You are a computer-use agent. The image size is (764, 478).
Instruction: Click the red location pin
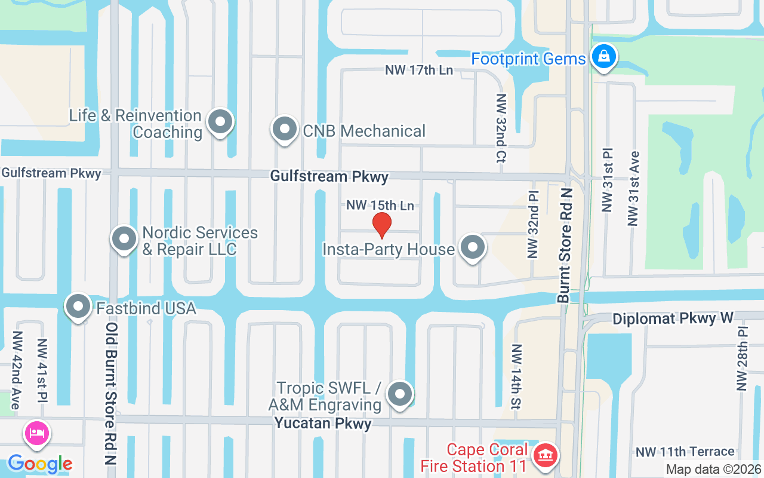pos(381,225)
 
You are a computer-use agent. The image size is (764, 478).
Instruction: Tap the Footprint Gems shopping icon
pos(604,57)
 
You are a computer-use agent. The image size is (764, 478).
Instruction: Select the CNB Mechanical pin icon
pos(284,130)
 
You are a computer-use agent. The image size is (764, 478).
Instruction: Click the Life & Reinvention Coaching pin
pos(220,122)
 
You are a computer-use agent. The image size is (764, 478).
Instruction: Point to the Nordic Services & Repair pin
pos(124,239)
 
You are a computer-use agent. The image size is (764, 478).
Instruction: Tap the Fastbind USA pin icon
pos(78,307)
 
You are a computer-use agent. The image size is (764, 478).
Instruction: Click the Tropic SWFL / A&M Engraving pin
pos(400,394)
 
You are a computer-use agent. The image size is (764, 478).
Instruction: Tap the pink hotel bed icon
pos(37,433)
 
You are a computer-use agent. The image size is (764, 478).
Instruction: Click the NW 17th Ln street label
pos(419,70)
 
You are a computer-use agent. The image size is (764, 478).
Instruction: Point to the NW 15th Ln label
pos(380,206)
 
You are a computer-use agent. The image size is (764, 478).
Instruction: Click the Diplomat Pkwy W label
pos(673,318)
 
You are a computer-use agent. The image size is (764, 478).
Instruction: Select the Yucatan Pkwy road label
pos(323,424)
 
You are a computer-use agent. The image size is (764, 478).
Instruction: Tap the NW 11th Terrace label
pos(685,452)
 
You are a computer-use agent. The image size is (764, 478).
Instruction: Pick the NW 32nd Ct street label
pos(501,128)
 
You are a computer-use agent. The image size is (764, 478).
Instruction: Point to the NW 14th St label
pos(516,376)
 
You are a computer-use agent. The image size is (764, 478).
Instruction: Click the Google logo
pos(40,464)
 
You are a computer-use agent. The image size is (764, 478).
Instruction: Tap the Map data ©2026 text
pos(713,470)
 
